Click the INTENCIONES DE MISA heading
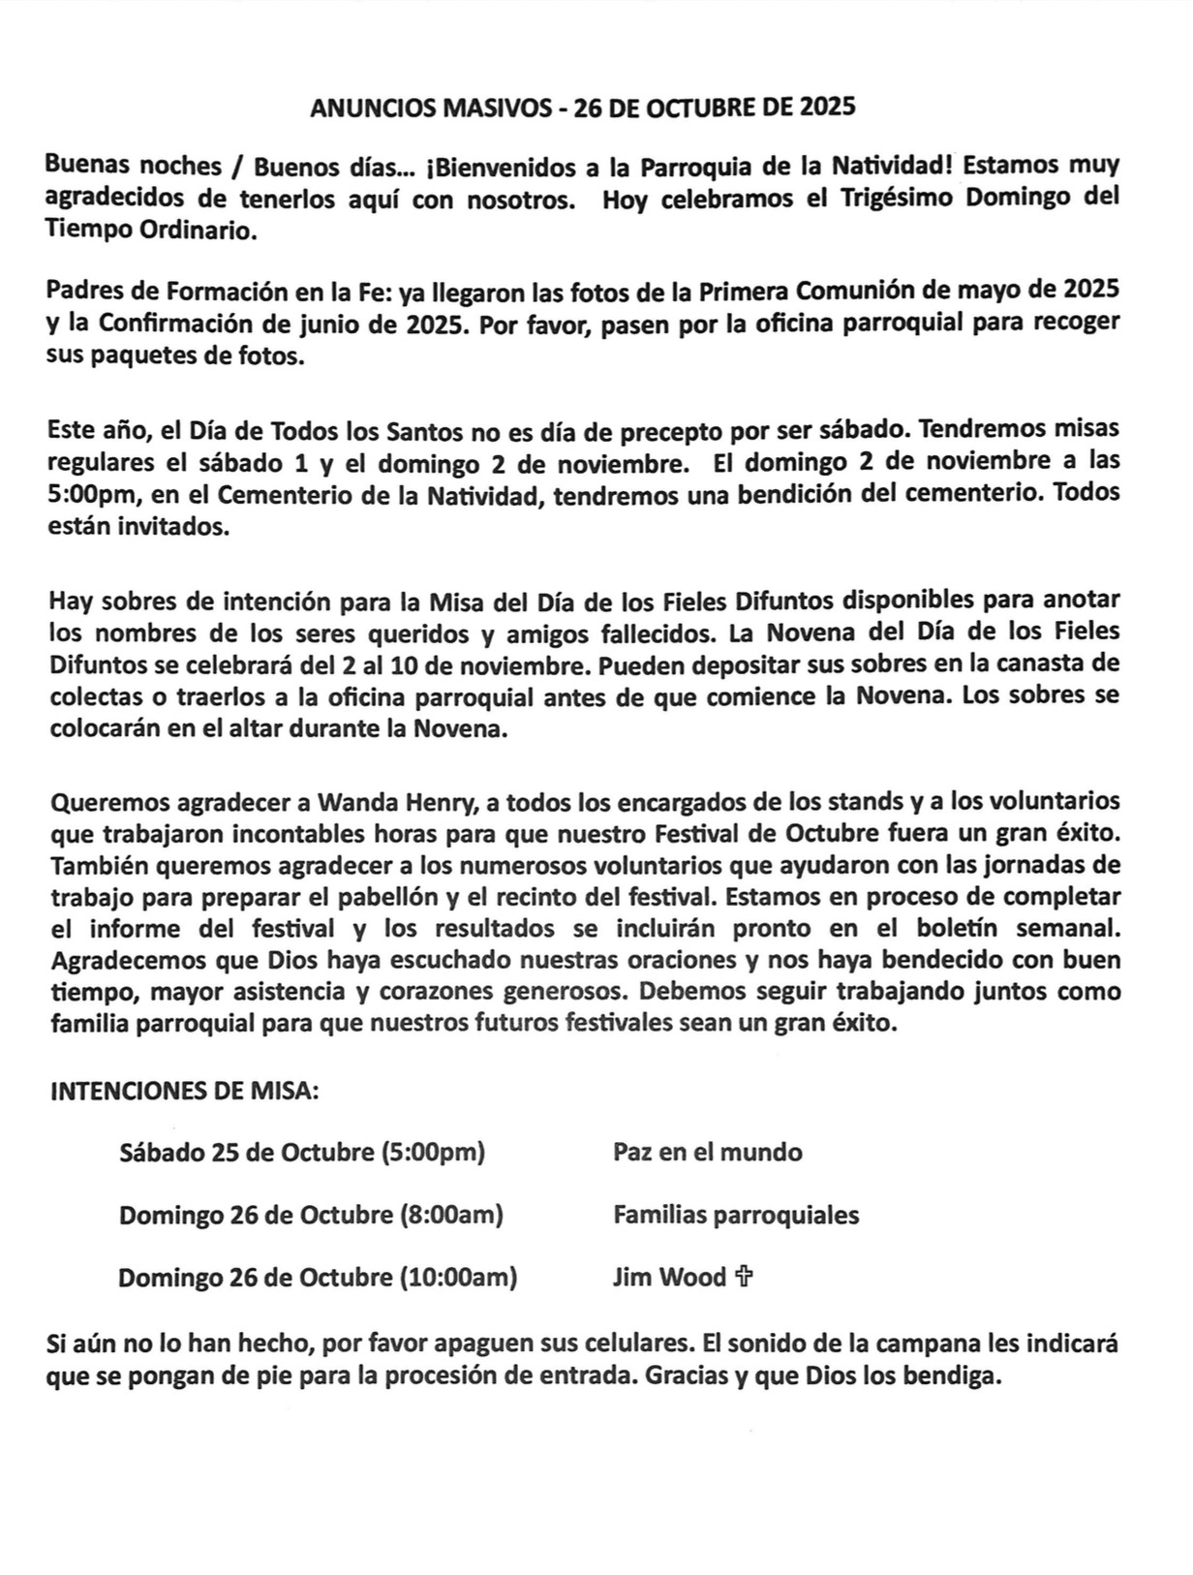[184, 1092]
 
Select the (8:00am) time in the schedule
[451, 1215]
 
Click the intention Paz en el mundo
[707, 1153]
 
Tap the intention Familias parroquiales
[735, 1215]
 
